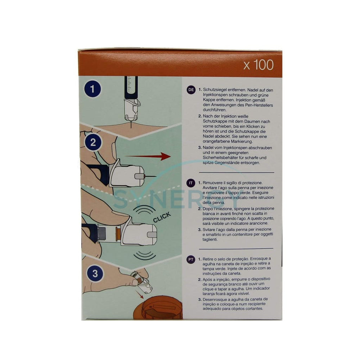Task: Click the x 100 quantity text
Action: (258, 65)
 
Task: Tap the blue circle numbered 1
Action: (92, 89)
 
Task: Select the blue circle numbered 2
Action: (93, 142)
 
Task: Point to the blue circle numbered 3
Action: (95, 274)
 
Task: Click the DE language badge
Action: (191, 90)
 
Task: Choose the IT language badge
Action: (190, 183)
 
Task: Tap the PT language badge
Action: (191, 260)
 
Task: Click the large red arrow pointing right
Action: (148, 156)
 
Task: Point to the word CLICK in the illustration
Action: (162, 217)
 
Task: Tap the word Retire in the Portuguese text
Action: (208, 259)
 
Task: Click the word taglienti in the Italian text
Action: (210, 239)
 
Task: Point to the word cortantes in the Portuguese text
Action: (254, 309)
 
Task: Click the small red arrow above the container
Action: (139, 294)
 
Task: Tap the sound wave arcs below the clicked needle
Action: (145, 255)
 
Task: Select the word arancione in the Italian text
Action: (258, 223)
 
